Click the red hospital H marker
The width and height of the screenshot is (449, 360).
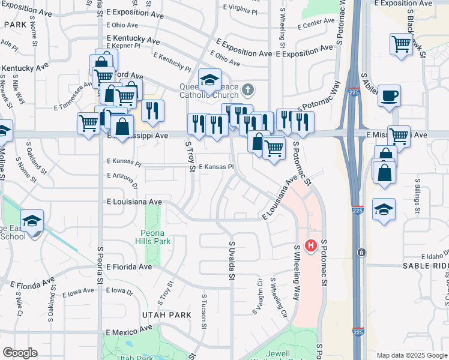[x=311, y=245]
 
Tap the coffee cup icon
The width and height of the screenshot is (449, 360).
[x=389, y=95]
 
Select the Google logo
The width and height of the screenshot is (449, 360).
[x=20, y=353]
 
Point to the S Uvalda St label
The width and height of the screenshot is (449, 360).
[x=231, y=260]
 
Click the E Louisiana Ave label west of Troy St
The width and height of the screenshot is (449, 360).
[x=134, y=202]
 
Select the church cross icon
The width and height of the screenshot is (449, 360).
[x=249, y=91]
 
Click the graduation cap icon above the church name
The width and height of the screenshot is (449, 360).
[x=209, y=79]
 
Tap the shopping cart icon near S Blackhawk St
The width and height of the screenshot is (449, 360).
[x=400, y=44]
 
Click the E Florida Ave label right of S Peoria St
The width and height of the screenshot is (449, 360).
[x=129, y=266]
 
